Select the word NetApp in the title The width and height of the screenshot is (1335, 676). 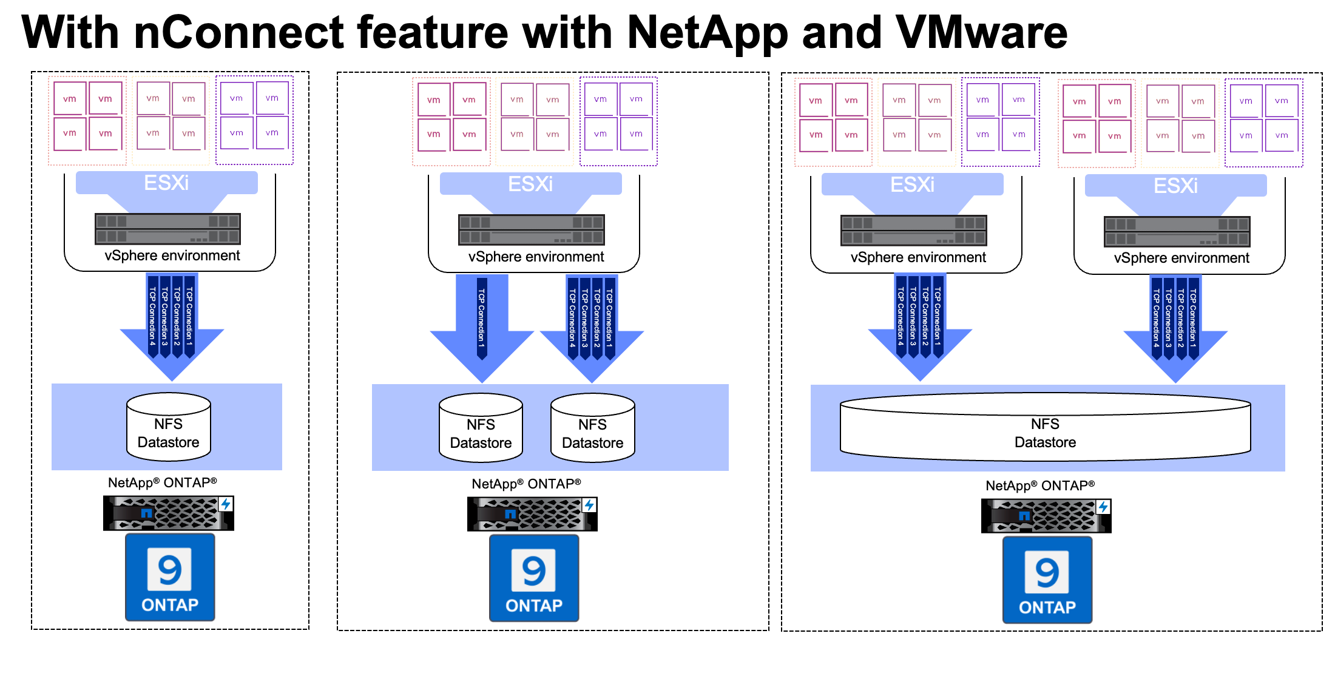[x=707, y=33]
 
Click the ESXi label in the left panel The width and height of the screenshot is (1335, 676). [x=166, y=183]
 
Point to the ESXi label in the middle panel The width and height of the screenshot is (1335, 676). [x=530, y=184]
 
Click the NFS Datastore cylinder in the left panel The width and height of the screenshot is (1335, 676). [x=169, y=427]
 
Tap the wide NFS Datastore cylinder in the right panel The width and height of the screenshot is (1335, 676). [x=1045, y=427]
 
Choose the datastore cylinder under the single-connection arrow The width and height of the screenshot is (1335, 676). [x=481, y=428]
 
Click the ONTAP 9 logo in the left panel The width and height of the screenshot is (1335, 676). [x=170, y=577]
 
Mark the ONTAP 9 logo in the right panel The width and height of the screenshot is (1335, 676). [x=1047, y=580]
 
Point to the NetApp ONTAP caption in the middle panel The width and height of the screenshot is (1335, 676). [x=526, y=484]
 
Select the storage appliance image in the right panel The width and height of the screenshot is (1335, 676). [x=1046, y=516]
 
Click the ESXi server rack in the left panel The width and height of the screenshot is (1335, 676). [x=167, y=229]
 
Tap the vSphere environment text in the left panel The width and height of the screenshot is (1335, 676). [x=172, y=255]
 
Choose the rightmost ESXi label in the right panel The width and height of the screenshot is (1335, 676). [x=1175, y=186]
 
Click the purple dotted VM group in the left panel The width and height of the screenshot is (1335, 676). [x=254, y=120]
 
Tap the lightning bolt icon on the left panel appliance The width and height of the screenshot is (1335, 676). [x=226, y=504]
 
